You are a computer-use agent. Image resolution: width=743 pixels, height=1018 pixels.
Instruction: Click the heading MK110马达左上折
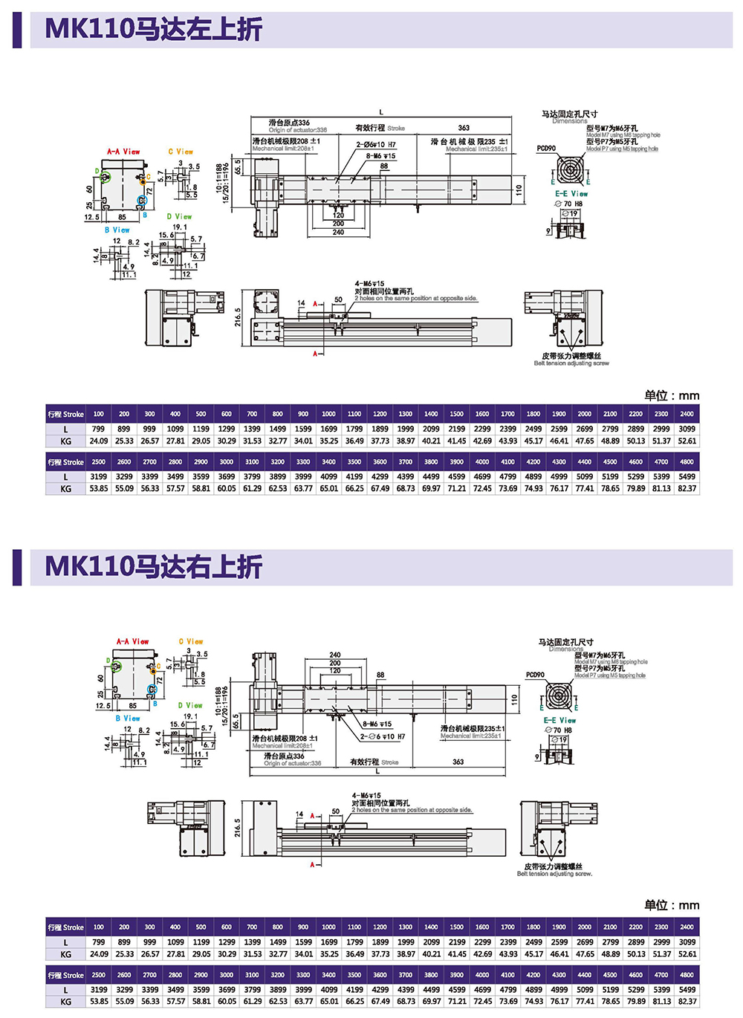click(x=153, y=29)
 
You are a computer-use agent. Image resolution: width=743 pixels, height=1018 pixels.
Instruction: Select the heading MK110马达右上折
click(x=153, y=567)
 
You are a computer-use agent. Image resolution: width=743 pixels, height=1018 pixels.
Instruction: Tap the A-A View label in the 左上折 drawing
click(x=123, y=152)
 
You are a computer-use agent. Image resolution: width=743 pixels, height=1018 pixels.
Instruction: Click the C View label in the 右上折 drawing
click(x=191, y=641)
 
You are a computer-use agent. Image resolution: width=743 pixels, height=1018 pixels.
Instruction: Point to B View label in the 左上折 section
click(x=117, y=230)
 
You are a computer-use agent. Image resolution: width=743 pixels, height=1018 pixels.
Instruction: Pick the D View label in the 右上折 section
click(x=190, y=705)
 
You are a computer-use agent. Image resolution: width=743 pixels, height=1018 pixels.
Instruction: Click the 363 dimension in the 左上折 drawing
click(x=464, y=128)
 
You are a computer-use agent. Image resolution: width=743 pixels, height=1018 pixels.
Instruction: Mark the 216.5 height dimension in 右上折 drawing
click(x=238, y=828)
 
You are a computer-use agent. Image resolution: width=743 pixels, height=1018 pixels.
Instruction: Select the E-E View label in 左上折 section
click(x=571, y=194)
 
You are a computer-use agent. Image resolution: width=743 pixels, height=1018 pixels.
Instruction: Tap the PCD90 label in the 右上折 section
click(x=535, y=675)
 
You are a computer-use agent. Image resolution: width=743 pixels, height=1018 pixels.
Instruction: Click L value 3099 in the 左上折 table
click(x=687, y=429)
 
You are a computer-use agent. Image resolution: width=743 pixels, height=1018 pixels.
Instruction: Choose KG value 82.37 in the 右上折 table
click(x=687, y=1002)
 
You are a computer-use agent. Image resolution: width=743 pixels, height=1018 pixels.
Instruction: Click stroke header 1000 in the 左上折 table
click(x=328, y=414)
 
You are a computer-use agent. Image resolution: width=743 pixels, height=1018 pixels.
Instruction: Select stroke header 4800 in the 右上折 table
click(x=687, y=975)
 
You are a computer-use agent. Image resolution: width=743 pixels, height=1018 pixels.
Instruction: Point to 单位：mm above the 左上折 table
click(x=671, y=395)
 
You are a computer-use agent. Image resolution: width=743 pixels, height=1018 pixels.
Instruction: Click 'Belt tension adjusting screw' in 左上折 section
click(x=571, y=363)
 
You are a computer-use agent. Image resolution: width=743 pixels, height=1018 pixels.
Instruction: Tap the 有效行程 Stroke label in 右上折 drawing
click(x=374, y=762)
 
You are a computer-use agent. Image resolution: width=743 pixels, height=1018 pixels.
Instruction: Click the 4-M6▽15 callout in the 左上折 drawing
click(x=369, y=284)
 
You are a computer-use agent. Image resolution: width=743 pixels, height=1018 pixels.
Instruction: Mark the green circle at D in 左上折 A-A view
click(x=106, y=177)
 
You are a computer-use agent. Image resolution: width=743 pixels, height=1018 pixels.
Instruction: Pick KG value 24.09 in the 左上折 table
click(x=99, y=441)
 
